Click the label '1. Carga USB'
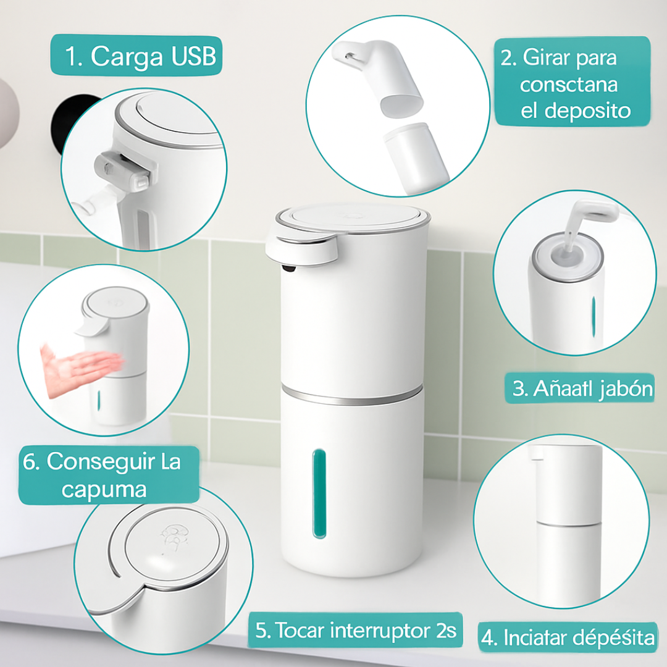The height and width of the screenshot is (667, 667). (x=140, y=56)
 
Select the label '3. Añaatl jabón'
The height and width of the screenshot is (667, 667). (x=582, y=388)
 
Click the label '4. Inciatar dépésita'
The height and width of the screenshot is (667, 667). (x=568, y=637)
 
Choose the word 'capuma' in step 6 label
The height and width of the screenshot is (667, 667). (x=104, y=490)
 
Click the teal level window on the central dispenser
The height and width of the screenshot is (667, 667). (x=319, y=493)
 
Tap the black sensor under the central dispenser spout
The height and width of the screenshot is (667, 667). (x=289, y=267)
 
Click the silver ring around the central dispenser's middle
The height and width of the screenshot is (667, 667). (x=352, y=395)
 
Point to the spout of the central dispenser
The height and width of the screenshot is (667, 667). (x=300, y=248)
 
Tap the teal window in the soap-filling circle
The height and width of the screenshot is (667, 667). (x=593, y=316)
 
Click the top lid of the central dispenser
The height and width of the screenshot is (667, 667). (x=353, y=218)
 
